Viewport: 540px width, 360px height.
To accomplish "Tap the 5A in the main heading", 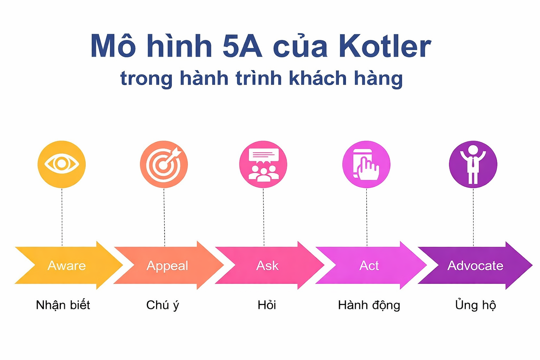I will pyautogui.click(x=242, y=46).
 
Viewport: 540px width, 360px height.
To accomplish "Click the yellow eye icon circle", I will pyautogui.click(x=62, y=164).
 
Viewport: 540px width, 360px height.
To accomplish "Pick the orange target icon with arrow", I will pyautogui.click(x=164, y=164).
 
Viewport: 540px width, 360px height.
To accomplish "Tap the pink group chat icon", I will pyautogui.click(x=263, y=164).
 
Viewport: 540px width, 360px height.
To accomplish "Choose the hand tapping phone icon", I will pyautogui.click(x=366, y=164).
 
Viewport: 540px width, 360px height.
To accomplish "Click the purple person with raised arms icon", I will pyautogui.click(x=473, y=164).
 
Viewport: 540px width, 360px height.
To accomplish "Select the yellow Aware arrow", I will pyautogui.click(x=67, y=265).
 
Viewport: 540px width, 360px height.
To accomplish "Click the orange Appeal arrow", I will pyautogui.click(x=167, y=265).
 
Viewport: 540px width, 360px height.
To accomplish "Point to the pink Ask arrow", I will pyautogui.click(x=268, y=265).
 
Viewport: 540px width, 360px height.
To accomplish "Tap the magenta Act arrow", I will pyautogui.click(x=369, y=265).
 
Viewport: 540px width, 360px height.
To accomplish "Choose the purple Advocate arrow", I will pyautogui.click(x=475, y=265).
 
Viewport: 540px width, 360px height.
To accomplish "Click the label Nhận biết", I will pyautogui.click(x=63, y=305).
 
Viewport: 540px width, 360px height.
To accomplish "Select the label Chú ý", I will pyautogui.click(x=162, y=305).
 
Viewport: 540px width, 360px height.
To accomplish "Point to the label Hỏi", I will pyautogui.click(x=266, y=305).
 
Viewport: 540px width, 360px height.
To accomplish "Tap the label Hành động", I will pyautogui.click(x=369, y=305).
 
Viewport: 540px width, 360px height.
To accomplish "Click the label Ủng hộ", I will pyautogui.click(x=475, y=305).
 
